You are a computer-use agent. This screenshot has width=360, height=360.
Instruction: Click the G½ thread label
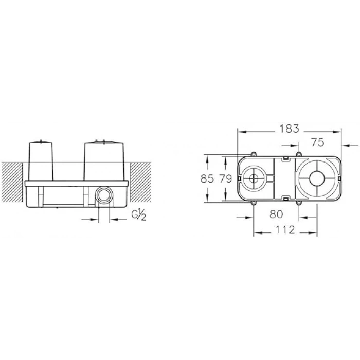[138, 214]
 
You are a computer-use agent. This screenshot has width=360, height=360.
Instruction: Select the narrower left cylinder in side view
[41, 160]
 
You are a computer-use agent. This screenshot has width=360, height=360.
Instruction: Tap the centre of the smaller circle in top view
[254, 179]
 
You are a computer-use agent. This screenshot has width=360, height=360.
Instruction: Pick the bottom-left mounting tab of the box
[254, 204]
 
